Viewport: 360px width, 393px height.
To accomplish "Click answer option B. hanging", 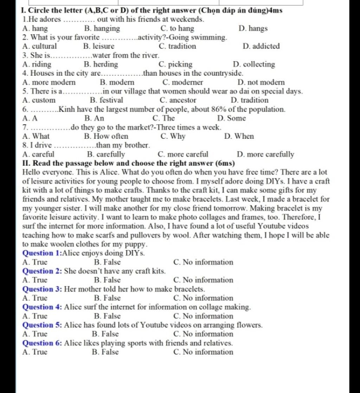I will tap(102, 28).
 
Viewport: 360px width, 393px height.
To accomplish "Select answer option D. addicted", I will tap(261, 46).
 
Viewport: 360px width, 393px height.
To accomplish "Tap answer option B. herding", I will tap(101, 64).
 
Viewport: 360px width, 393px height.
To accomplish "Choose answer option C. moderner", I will tap(183, 83).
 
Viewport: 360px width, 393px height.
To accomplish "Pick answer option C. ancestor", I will tap(178, 101).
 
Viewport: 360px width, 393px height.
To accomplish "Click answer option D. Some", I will tap(232, 118).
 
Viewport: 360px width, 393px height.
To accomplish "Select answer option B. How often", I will tap(106, 136).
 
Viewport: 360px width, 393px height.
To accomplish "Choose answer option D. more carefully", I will tap(265, 154).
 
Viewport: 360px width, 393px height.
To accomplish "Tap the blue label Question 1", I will tap(41, 253).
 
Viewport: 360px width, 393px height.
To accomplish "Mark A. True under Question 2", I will tap(34, 280).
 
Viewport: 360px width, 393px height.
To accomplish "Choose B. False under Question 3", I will tap(107, 298).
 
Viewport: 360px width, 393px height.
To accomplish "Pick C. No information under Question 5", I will tap(203, 334).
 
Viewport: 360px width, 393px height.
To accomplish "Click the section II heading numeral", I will tap(25, 163).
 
